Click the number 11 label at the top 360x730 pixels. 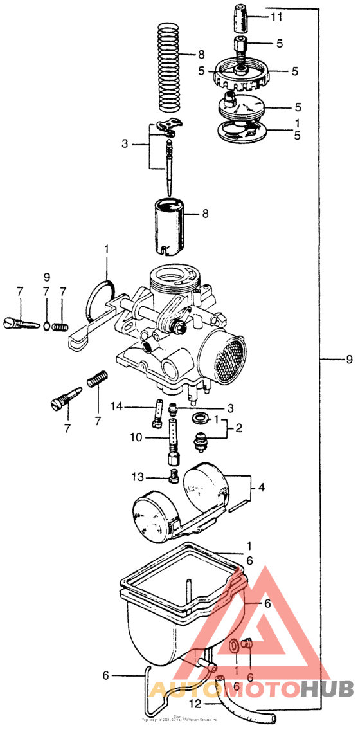pyautogui.click(x=276, y=17)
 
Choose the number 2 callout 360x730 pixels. pyautogui.click(x=238, y=428)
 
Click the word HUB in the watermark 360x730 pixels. pyautogui.click(x=328, y=689)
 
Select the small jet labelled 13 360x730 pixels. pyautogui.click(x=172, y=477)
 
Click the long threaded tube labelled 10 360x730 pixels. pyautogui.click(x=172, y=441)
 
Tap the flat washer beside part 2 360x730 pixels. pyautogui.click(x=199, y=419)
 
